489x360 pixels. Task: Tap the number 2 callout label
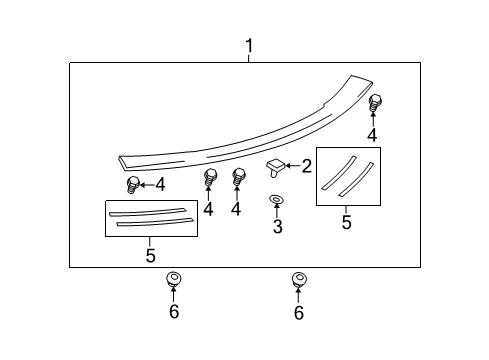tap(307, 166)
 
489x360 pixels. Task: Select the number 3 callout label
tap(277, 228)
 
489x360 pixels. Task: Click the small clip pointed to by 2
tap(274, 166)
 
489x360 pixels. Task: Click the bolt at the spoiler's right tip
tap(376, 102)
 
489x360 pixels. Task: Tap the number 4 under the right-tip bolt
tap(372, 135)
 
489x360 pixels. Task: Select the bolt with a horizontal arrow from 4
tap(132, 184)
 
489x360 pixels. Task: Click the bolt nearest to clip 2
tap(239, 178)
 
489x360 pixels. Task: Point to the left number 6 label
tap(173, 312)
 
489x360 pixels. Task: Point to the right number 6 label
tap(298, 312)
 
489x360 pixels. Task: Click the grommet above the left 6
tap(173, 278)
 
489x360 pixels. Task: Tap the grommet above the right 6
tap(298, 278)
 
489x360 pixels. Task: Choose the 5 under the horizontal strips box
tap(150, 256)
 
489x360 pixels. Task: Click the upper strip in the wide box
tap(150, 212)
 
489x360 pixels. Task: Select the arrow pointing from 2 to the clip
tap(293, 166)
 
